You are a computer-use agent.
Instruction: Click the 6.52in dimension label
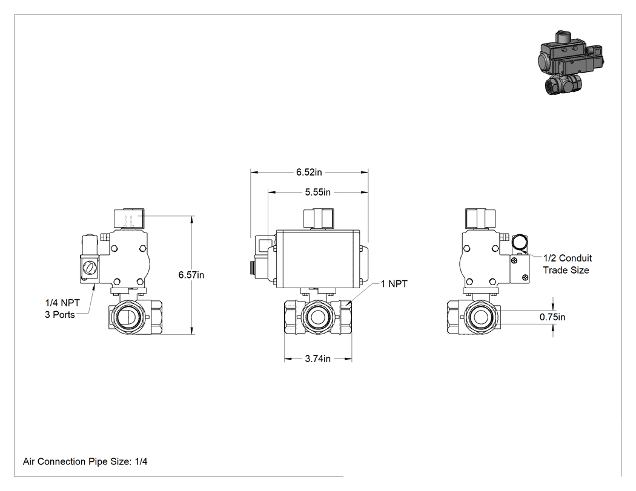[309, 173]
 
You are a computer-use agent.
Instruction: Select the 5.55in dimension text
[317, 192]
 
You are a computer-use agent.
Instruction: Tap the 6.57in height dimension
[191, 275]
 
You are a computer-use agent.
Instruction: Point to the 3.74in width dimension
[317, 359]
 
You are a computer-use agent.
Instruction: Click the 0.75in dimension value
[552, 317]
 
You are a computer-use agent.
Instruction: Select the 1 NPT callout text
[394, 284]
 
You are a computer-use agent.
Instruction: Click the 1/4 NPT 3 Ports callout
[62, 309]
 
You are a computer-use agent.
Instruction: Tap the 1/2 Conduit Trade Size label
[568, 264]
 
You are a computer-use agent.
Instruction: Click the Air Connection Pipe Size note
[85, 461]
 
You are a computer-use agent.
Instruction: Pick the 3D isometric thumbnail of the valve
[571, 62]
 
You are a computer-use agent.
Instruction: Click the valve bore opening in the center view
[317, 317]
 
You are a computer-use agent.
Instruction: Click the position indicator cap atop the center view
[319, 219]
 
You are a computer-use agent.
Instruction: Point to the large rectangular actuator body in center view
[317, 260]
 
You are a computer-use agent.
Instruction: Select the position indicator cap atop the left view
[129, 219]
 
